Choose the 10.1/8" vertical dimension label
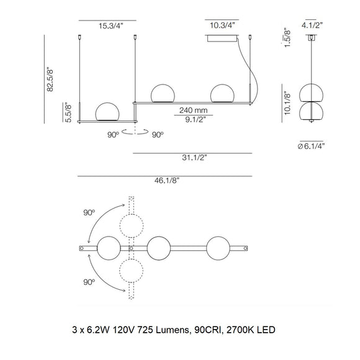[x=287, y=102]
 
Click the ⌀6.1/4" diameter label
[x=311, y=146]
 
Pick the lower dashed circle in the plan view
[x=131, y=272]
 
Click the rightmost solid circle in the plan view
[x=220, y=248]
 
